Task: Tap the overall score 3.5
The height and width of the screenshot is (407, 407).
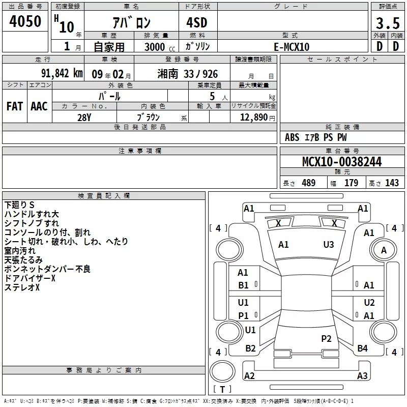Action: coord(388,23)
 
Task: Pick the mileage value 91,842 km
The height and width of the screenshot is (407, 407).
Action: coord(62,73)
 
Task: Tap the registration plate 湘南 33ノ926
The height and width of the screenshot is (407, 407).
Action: coord(188,73)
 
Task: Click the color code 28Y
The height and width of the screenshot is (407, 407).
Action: coord(84,117)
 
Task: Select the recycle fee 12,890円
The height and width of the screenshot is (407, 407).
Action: coord(257,117)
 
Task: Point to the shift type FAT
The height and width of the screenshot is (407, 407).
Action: coord(14,106)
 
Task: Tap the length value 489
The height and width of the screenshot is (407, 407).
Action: coord(308,183)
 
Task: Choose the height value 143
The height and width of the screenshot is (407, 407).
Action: coord(392,183)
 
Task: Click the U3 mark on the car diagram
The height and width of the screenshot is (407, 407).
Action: coord(329,245)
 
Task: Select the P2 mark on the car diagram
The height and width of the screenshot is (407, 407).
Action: coord(326,338)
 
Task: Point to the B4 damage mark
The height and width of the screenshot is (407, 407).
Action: coord(362,348)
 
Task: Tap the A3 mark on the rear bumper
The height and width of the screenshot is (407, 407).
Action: coord(362,376)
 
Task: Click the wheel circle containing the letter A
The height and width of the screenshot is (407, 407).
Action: coord(384,250)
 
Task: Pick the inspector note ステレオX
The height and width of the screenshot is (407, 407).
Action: coord(22,287)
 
